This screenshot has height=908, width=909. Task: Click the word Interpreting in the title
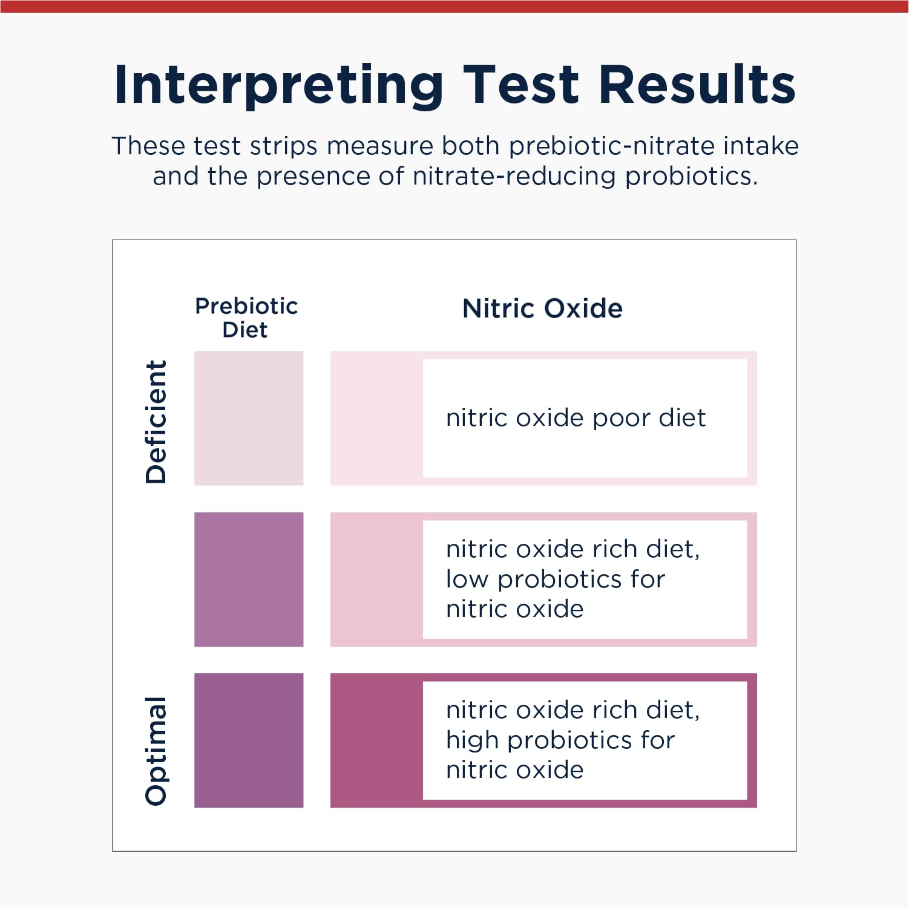pyautogui.click(x=278, y=85)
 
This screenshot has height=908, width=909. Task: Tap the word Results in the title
pyautogui.click(x=697, y=85)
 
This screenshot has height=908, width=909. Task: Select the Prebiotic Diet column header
pyautogui.click(x=246, y=318)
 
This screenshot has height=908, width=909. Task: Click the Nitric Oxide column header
pyautogui.click(x=542, y=309)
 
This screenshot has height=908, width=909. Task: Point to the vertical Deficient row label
pyautogui.click(x=156, y=422)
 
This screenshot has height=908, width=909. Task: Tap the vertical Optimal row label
pyautogui.click(x=156, y=751)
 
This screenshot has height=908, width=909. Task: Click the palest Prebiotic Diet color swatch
pyautogui.click(x=249, y=418)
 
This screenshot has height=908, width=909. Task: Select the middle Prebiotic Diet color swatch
pyautogui.click(x=249, y=580)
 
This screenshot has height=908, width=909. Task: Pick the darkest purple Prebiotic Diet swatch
pyautogui.click(x=249, y=740)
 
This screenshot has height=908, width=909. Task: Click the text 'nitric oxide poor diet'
pyautogui.click(x=576, y=418)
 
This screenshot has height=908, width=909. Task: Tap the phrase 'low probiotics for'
pyautogui.click(x=555, y=580)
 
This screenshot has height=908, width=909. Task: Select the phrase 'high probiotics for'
pyautogui.click(x=560, y=740)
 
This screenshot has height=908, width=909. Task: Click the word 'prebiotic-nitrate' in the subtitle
pyautogui.click(x=608, y=146)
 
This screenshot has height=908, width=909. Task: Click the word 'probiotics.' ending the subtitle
pyautogui.click(x=691, y=177)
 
